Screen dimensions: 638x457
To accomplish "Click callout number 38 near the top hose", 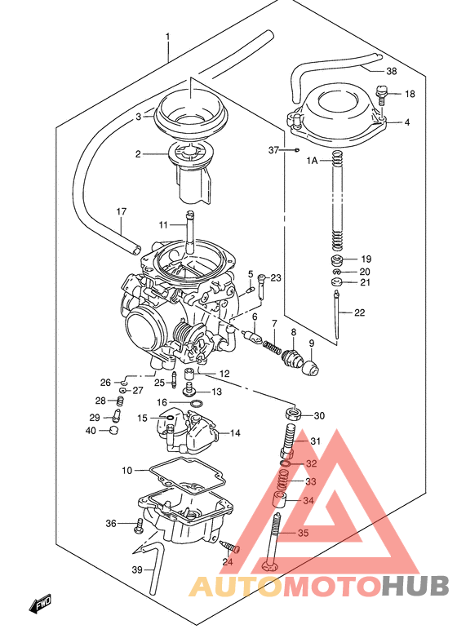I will click(392, 71).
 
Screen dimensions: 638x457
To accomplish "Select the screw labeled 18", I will click(380, 95).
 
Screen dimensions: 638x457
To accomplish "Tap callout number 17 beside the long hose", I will click(122, 212).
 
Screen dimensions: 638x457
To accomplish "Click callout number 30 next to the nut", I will click(318, 416).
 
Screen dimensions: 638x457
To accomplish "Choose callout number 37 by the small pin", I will click(274, 150).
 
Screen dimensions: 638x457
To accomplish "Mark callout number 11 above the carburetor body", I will click(162, 224).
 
